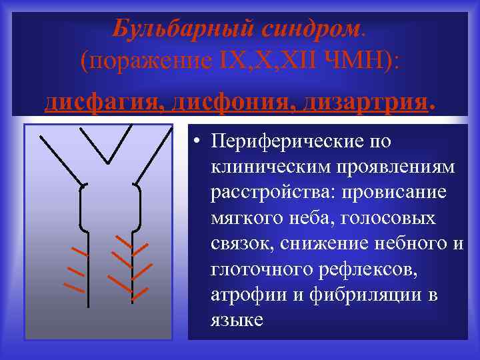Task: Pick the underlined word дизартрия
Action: (x=367, y=101)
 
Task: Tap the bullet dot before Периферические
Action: (x=196, y=142)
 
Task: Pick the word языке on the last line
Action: (x=237, y=319)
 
